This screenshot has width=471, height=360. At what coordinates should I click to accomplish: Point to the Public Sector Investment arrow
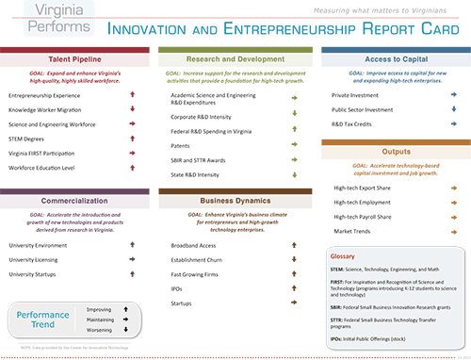click(454, 109)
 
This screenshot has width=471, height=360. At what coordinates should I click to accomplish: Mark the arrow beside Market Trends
click(454, 231)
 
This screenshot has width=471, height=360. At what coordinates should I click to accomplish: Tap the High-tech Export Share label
click(364, 188)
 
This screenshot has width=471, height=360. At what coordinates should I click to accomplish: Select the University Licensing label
click(34, 259)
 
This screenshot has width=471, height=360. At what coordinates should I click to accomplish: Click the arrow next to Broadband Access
click(294, 245)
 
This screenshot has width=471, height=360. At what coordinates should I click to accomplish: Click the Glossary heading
click(342, 255)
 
